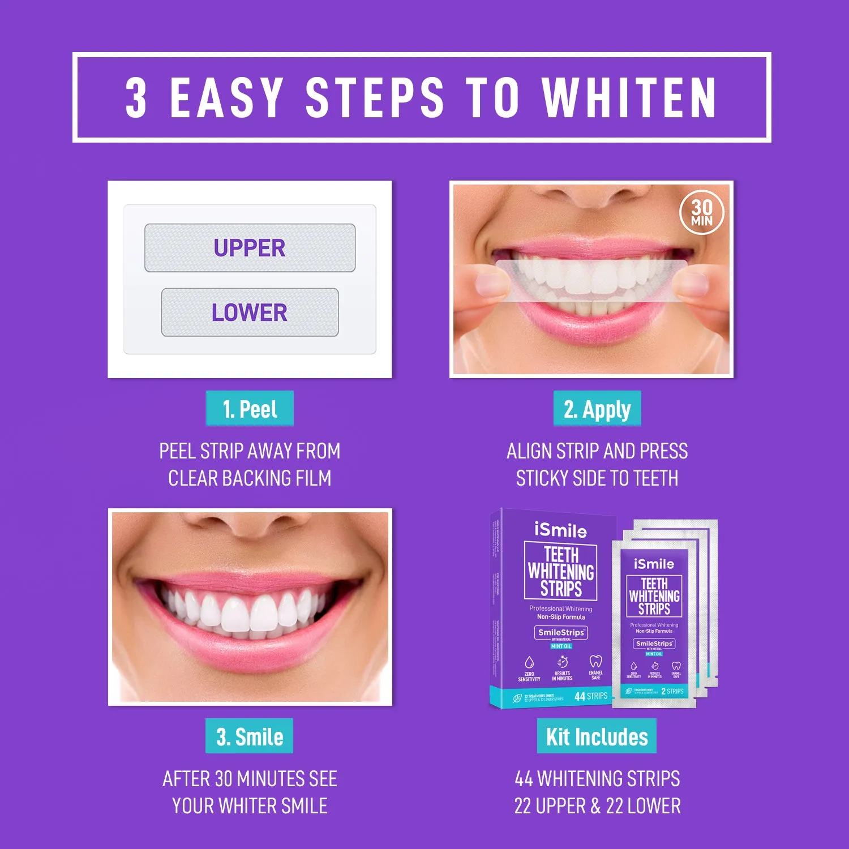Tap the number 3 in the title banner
point(136,98)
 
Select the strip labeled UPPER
point(250,248)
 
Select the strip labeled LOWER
point(250,312)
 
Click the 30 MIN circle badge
point(701,213)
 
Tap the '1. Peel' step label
point(250,409)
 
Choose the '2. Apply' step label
point(597,409)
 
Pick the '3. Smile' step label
point(250,736)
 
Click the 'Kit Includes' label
point(597,736)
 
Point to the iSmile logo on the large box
point(560,530)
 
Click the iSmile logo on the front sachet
point(654,564)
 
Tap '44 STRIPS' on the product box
point(591,696)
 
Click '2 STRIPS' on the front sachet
point(672,691)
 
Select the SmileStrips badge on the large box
point(561,632)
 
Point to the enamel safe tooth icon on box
point(595,662)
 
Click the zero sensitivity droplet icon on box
point(529,662)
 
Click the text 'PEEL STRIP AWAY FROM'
point(250,451)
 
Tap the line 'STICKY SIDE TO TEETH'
point(597,478)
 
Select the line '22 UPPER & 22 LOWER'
point(597,806)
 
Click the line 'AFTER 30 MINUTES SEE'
point(250,779)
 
